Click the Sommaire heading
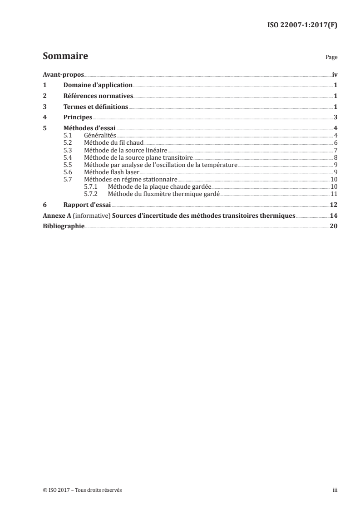[x=65, y=57]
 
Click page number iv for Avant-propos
[x=335, y=74]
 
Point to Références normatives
[x=98, y=96]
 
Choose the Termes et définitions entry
[x=96, y=107]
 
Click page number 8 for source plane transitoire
[x=335, y=157]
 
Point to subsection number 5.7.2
[x=91, y=194]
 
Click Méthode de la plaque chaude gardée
[x=157, y=186]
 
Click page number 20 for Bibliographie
[x=334, y=226]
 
